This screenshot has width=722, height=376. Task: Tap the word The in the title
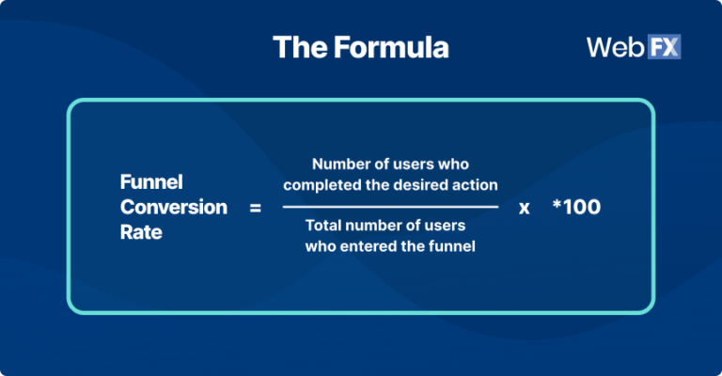(295, 47)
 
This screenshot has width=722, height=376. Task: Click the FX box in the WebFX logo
(661, 47)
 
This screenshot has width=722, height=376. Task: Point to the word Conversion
(174, 207)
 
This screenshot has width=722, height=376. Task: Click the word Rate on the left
(141, 232)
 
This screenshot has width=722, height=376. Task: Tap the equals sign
(256, 208)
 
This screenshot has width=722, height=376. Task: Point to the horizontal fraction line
(390, 206)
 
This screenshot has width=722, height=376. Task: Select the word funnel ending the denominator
(453, 247)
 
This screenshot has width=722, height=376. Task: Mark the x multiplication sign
(525, 208)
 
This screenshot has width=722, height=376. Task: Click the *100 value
(575, 207)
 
